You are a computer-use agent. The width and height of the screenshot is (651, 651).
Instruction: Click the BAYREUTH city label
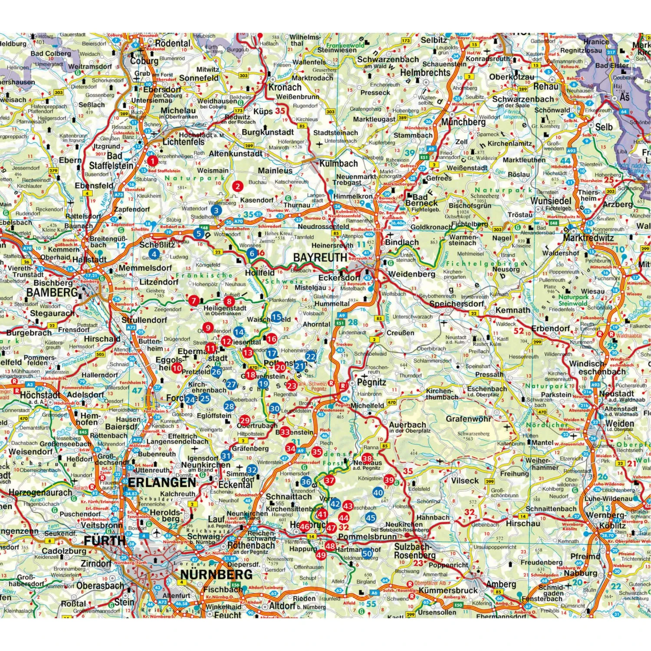[x=320, y=257]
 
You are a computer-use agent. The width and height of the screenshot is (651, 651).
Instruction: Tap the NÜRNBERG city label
[x=216, y=575]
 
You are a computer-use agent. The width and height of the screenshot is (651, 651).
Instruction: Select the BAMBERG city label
[x=52, y=293]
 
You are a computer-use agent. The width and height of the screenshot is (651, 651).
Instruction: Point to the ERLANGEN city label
[x=161, y=482]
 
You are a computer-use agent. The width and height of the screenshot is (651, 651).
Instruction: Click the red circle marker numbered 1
[x=152, y=161]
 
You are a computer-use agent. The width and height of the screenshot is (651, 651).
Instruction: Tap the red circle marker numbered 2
[x=237, y=187]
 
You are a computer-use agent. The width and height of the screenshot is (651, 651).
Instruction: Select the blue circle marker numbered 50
[x=368, y=553]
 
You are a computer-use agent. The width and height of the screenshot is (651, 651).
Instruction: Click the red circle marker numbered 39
[x=389, y=480]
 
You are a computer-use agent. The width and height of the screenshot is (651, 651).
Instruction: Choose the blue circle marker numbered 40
[x=378, y=492]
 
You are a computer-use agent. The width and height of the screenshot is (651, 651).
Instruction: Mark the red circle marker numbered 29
[x=245, y=420]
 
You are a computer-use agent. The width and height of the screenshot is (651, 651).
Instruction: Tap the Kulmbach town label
[x=339, y=164]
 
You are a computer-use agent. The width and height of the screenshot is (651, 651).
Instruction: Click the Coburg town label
[x=144, y=61]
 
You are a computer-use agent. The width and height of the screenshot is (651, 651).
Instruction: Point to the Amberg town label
[x=501, y=584]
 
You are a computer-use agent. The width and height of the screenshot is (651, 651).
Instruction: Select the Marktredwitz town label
[x=588, y=238]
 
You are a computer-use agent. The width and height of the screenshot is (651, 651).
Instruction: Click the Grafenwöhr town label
[x=469, y=419]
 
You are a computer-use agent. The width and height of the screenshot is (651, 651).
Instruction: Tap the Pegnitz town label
[x=372, y=382]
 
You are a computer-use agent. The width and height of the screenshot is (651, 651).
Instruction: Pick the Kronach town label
[x=285, y=86]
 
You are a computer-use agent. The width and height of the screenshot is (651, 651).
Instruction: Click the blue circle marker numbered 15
[x=276, y=317]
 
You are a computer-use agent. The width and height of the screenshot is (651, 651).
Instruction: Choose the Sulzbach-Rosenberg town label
[x=414, y=551]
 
